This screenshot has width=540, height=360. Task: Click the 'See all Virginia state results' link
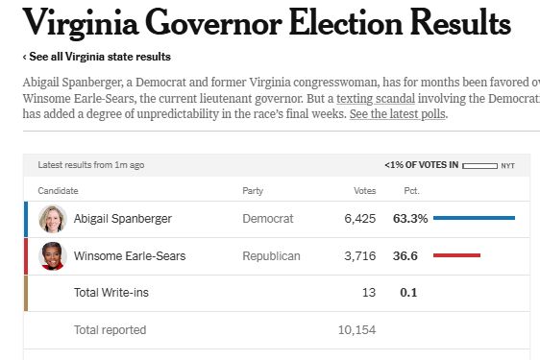(98, 57)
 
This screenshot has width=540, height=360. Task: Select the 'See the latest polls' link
(398, 114)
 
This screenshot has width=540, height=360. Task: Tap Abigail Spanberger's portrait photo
(52, 219)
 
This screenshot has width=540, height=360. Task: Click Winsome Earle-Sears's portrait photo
(52, 256)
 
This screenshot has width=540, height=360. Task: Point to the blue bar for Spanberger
(474, 219)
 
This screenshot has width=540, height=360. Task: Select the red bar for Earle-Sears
(456, 256)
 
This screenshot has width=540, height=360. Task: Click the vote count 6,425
(360, 219)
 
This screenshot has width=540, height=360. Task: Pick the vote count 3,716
(360, 256)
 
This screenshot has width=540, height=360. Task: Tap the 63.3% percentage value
(410, 219)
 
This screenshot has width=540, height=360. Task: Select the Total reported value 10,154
(356, 330)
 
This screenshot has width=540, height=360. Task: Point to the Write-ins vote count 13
(369, 293)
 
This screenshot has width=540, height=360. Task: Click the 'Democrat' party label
(268, 219)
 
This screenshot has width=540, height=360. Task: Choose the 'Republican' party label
(272, 256)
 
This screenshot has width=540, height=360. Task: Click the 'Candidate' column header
(58, 191)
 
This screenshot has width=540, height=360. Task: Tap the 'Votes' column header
(365, 191)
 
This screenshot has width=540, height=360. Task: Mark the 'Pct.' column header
(411, 191)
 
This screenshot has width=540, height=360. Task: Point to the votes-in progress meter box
(479, 166)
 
